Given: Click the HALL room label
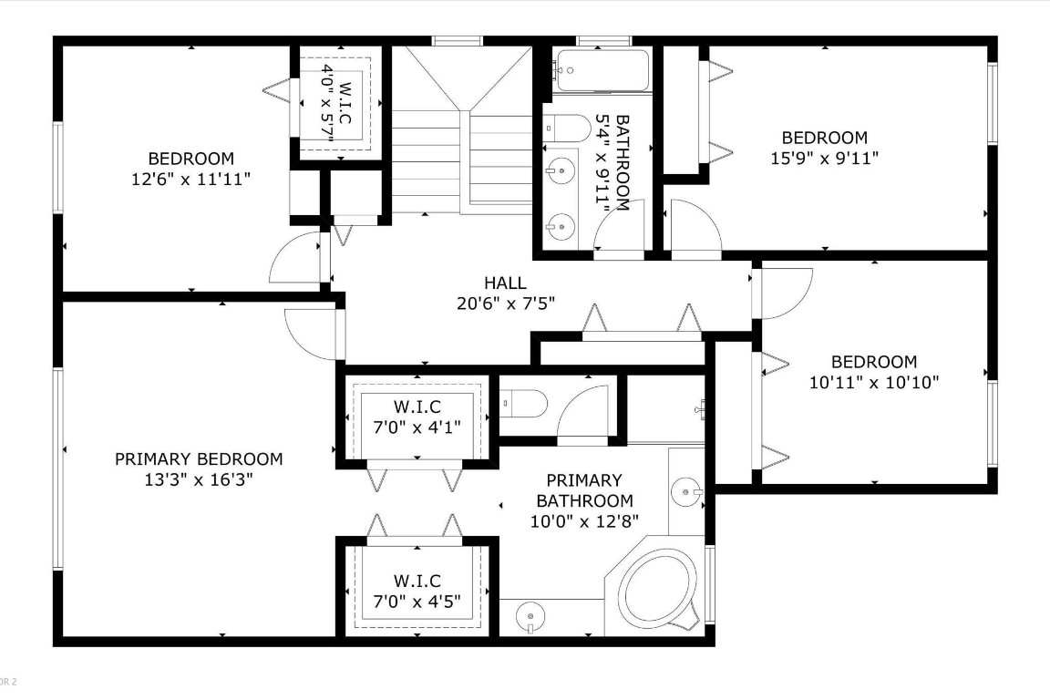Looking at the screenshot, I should coord(505,283).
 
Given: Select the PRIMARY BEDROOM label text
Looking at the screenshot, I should coord(199,459).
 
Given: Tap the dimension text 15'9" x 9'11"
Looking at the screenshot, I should coord(824,157).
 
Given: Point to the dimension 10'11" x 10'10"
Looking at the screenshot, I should coord(874,383).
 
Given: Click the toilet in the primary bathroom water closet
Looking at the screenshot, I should coord(524,402).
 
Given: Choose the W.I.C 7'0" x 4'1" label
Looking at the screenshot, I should coord(417,415).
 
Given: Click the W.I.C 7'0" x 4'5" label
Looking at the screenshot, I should coord(417,591).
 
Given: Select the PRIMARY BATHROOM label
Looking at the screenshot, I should coord(584,490).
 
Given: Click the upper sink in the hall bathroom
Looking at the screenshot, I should coord(563,169).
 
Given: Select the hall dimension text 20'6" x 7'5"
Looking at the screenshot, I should coord(505,303).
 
